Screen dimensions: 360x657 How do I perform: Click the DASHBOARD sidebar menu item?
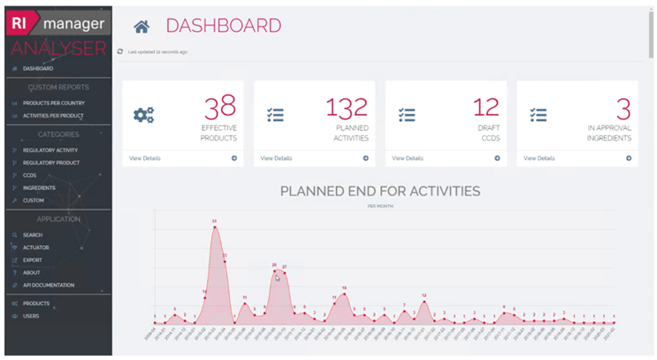(38, 68)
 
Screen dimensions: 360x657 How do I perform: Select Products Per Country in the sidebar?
(53, 103)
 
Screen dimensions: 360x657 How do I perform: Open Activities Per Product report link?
(53, 116)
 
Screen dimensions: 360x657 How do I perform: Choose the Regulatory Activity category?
(50, 150)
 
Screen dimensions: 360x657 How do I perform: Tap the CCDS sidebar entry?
(30, 175)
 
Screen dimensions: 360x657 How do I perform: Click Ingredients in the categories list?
(39, 188)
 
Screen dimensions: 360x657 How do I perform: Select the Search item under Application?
(33, 235)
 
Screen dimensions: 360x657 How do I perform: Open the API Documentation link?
(49, 286)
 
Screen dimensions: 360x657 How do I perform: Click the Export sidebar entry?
(33, 260)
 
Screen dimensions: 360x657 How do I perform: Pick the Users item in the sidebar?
(31, 316)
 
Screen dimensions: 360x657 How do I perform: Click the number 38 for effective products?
(220, 108)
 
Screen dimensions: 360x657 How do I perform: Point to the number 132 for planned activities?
(347, 108)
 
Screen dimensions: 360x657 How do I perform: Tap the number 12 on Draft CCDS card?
(486, 108)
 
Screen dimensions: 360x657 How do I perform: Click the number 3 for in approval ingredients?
(623, 108)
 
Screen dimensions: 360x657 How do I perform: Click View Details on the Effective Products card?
(145, 158)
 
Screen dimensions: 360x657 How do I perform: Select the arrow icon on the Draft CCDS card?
(497, 158)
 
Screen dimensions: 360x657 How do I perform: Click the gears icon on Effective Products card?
(143, 115)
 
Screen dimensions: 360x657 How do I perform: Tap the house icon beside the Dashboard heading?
(141, 27)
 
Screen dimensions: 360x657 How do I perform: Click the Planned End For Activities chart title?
(380, 190)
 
